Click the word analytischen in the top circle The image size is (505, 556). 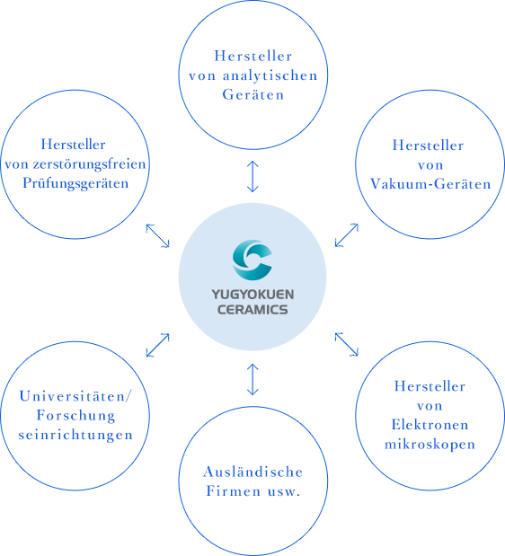(x=270, y=76)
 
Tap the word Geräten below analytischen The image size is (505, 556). (x=253, y=94)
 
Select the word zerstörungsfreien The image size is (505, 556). (x=89, y=165)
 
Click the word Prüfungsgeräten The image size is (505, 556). (x=75, y=183)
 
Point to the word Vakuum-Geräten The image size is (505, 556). (x=430, y=183)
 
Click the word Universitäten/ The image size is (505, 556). (x=75, y=396)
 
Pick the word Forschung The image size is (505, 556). (x=75, y=416)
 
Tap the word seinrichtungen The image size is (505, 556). (x=75, y=435)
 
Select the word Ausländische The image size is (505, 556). (x=253, y=472)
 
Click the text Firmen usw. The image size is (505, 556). (x=253, y=491)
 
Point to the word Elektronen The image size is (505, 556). (x=430, y=425)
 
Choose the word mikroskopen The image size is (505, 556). (x=430, y=444)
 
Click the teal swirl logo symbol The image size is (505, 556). (x=252, y=260)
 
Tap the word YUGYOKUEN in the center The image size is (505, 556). (x=252, y=295)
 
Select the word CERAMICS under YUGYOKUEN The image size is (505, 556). (x=252, y=310)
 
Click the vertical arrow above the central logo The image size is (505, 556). (x=252, y=176)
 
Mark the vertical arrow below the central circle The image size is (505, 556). (x=252, y=379)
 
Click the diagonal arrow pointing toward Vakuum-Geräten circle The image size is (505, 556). (x=347, y=235)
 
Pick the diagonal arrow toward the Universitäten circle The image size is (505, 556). (x=158, y=345)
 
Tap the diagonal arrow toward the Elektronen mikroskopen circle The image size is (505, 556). (x=347, y=344)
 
